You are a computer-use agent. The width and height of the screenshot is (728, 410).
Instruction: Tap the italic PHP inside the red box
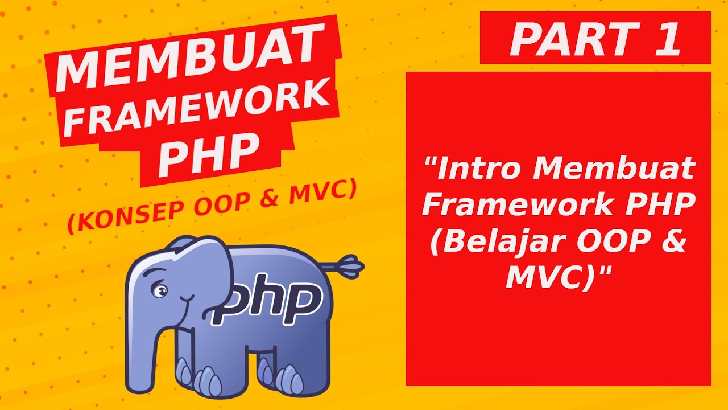(660, 206)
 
